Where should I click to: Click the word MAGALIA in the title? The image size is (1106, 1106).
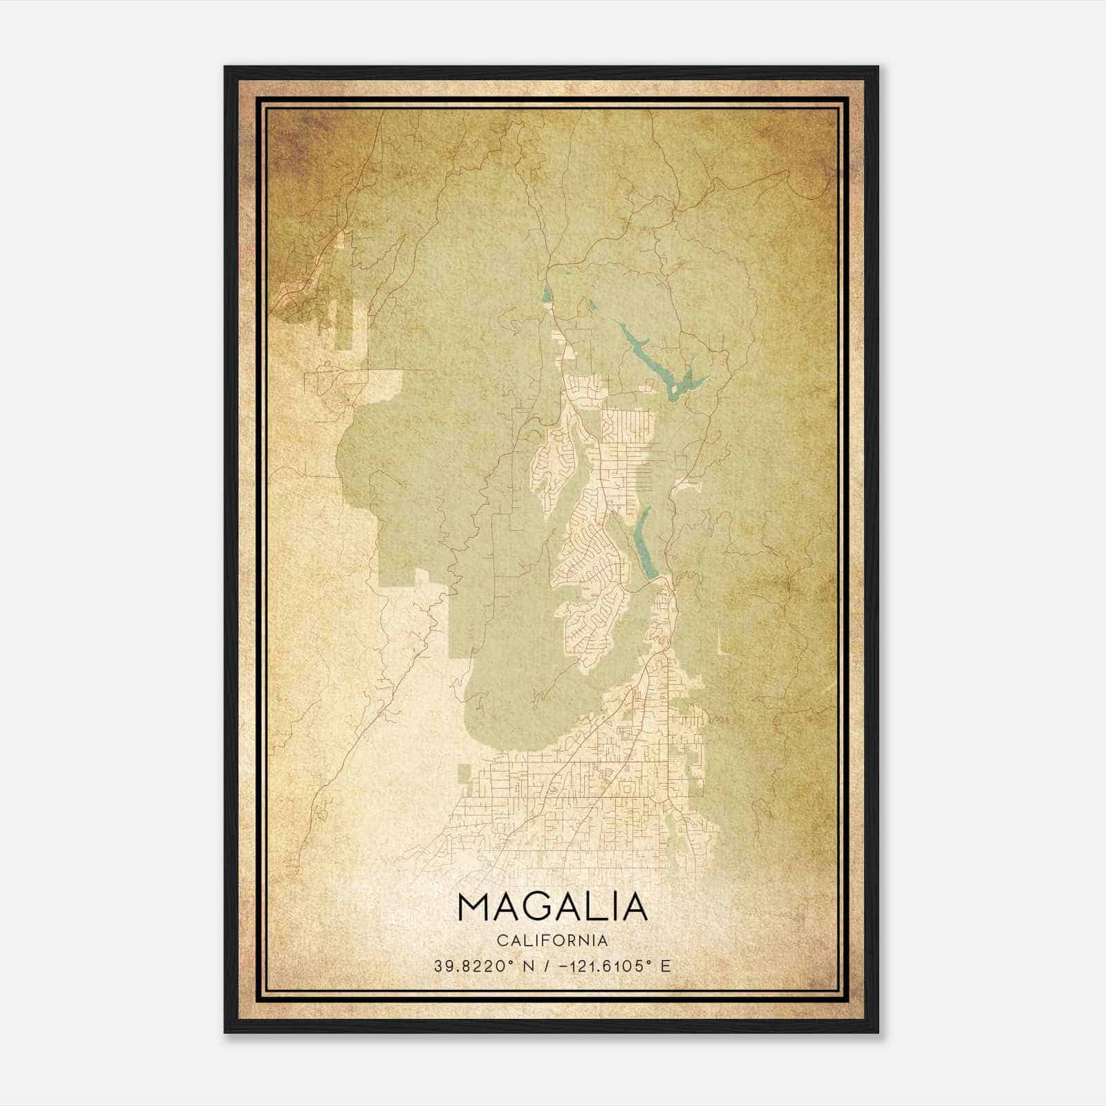[x=552, y=908]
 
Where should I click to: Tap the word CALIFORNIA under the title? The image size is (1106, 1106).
[x=552, y=941]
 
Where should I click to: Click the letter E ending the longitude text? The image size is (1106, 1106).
[x=666, y=966]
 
